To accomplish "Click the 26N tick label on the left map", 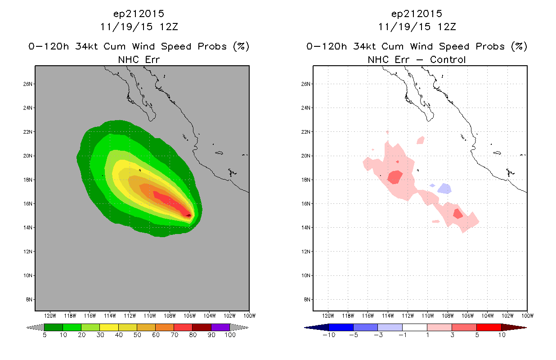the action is point(28,84).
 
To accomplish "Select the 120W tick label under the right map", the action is point(328,316).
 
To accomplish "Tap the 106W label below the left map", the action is point(190,316).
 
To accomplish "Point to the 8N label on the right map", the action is point(307,299).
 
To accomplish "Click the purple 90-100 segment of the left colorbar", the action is point(220,328).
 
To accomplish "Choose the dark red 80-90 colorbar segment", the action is point(202,328).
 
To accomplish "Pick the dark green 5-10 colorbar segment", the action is point(54,328).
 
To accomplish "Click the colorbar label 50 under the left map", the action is point(137,335).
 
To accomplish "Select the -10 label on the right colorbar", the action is point(329,335).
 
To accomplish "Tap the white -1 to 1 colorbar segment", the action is point(415,328).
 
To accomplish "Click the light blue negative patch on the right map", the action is point(444,189).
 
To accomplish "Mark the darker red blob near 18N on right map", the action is point(395,177).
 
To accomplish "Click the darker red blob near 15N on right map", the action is point(457,214).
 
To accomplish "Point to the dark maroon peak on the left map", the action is point(188,215).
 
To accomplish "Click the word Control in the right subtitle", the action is point(448,60).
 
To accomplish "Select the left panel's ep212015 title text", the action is point(139,14).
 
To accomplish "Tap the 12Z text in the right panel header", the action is point(447,27).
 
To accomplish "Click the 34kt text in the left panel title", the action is point(87,46).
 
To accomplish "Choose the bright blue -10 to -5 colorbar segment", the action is point(341,328).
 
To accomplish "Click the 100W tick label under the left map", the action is point(250,316).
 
